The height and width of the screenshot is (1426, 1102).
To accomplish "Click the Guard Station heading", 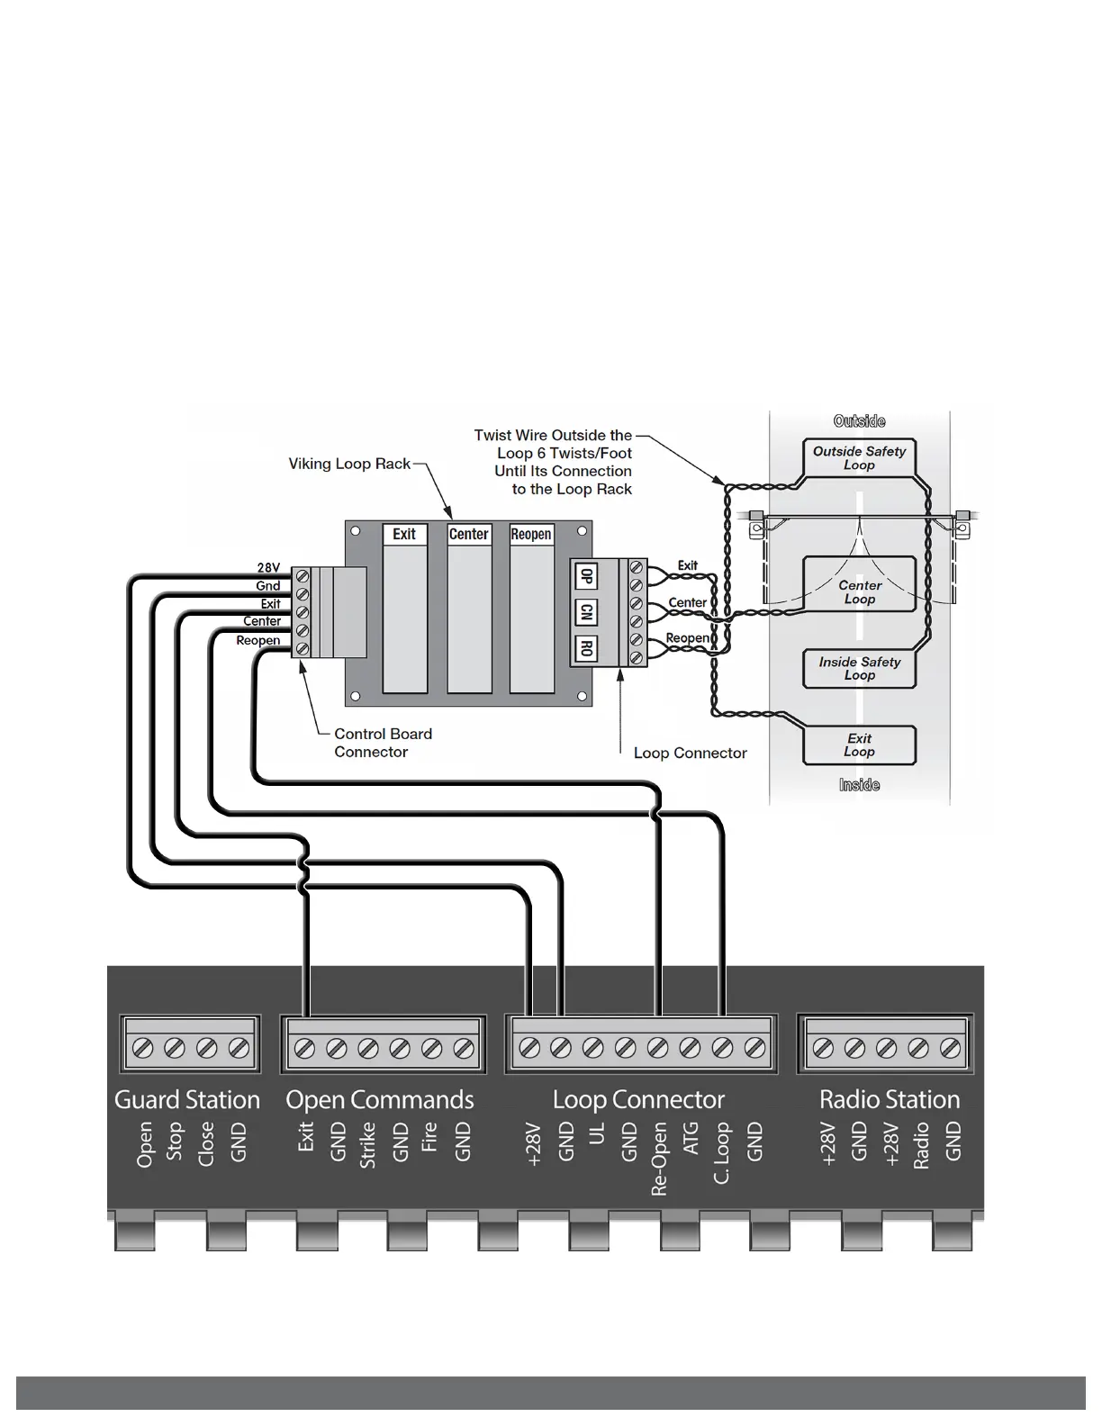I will coord(186,1100).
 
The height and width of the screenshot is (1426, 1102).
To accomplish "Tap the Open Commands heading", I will coord(379,1100).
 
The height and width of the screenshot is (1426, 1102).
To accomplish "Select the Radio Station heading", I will coord(889,1100).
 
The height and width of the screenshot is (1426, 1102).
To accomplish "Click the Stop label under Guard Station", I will coord(176,1142).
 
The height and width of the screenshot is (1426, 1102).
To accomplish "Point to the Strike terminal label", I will coord(367,1145).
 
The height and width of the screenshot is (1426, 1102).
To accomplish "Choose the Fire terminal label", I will coord(429,1137).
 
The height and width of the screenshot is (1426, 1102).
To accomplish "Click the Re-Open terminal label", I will coord(659,1159).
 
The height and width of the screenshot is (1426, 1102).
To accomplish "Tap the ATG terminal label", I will coord(691,1139).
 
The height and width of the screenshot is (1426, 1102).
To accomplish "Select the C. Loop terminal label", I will coord(722,1153).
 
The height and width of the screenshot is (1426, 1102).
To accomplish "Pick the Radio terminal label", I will coord(921,1146).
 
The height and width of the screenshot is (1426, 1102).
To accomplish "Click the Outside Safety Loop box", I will coord(859,458).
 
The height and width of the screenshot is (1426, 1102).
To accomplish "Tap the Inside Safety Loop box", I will coord(859,668).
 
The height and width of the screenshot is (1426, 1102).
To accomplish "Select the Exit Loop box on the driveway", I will coord(859,745).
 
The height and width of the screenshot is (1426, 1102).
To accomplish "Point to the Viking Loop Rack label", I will coord(349,464).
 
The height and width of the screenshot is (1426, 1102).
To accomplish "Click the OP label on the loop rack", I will coord(586,576).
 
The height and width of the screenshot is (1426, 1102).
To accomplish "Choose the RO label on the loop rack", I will coord(586,648).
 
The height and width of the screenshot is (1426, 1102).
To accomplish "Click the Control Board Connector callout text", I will coord(383,743).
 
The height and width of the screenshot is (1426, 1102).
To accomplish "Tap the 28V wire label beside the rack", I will coord(268,568).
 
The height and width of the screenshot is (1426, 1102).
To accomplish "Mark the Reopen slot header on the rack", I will coord(531,534).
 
